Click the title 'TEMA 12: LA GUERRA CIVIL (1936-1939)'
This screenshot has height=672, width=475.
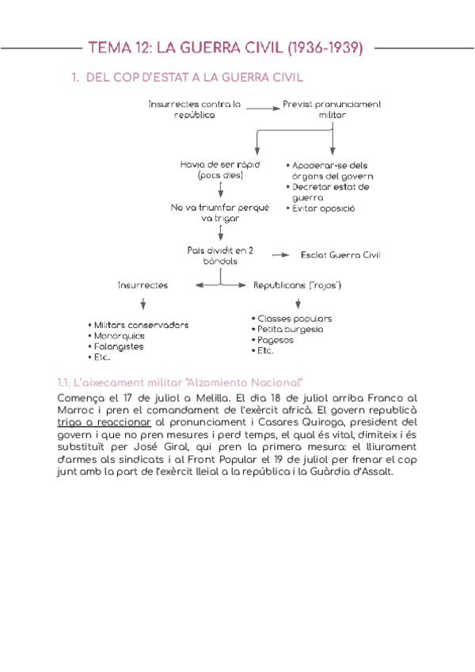point(227,48)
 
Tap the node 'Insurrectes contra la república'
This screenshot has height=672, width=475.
point(195,109)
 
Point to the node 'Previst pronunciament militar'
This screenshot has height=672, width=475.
point(332,109)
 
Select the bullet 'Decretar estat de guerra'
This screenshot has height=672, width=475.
point(330,192)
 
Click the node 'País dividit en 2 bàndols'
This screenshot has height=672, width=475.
point(220,255)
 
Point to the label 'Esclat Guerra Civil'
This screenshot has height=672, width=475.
point(340,255)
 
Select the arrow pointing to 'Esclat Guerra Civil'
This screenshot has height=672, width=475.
point(279,255)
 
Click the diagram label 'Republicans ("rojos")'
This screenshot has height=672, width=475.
point(297,284)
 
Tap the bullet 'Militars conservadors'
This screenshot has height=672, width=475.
point(141,325)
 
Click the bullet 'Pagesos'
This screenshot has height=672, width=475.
point(275,340)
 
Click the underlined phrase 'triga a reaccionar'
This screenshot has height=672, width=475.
point(104,423)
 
